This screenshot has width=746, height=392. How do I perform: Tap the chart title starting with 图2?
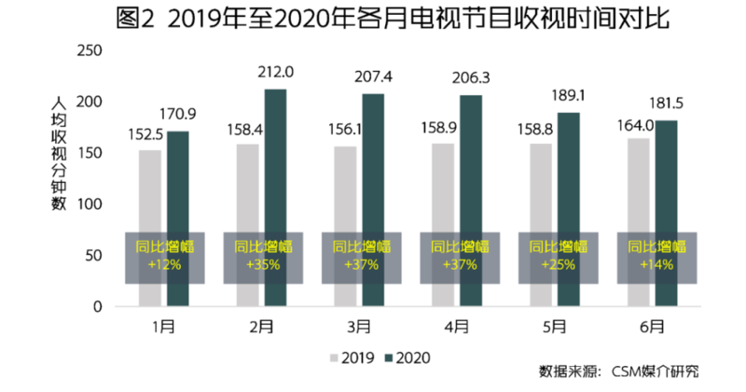(373, 19)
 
